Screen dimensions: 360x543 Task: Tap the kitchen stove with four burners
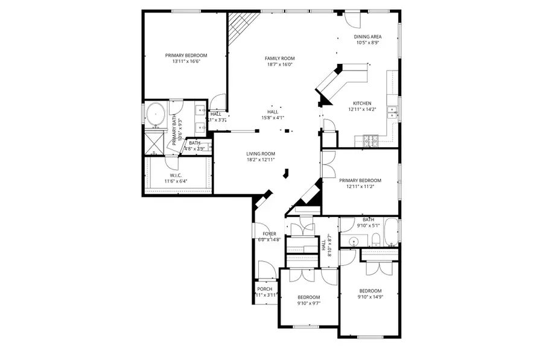[x=369, y=141]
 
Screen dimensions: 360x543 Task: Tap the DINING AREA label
[x=367, y=37]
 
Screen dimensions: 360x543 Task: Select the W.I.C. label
[x=176, y=175]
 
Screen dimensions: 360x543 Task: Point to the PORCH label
[x=264, y=289]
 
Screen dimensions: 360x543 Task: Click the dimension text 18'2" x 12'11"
[x=260, y=160]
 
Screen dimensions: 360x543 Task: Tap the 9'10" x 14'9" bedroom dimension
[x=370, y=297]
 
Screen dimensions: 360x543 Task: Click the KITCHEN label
[x=362, y=103]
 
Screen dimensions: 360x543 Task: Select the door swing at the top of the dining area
[x=349, y=20]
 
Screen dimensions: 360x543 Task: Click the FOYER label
[x=269, y=233]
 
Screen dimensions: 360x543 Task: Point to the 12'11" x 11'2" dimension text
[x=360, y=186]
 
